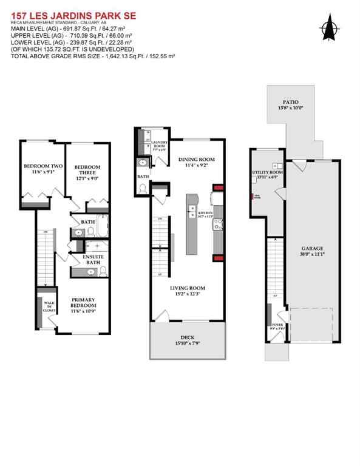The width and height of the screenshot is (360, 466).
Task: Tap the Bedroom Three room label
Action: (87, 171)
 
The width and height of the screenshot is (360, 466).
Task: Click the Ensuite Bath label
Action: (93, 260)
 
